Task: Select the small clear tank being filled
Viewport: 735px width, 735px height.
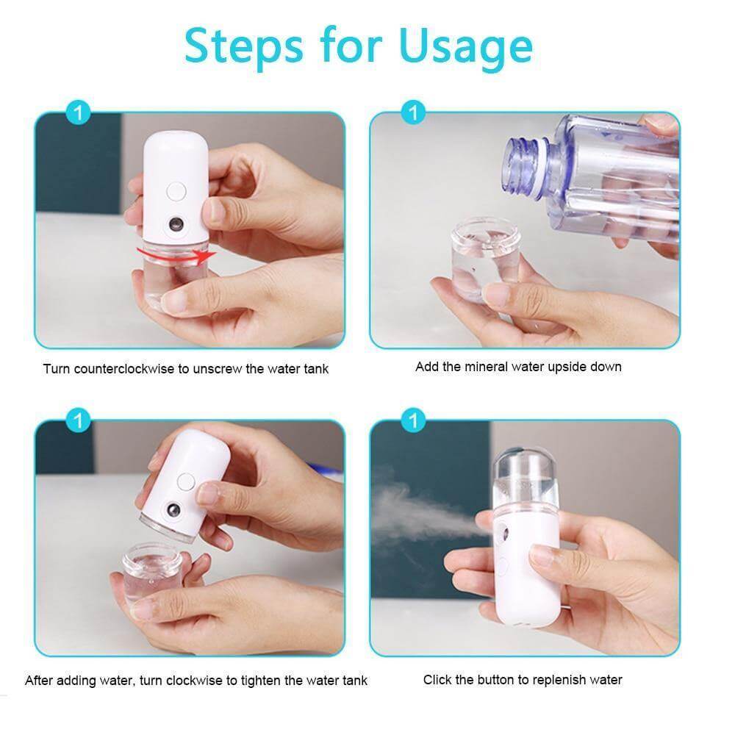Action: click(486, 259)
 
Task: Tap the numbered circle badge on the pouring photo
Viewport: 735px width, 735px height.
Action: click(414, 113)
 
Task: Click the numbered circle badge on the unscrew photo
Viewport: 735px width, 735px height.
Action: click(79, 113)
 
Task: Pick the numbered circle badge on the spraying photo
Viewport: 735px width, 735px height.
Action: click(414, 421)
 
